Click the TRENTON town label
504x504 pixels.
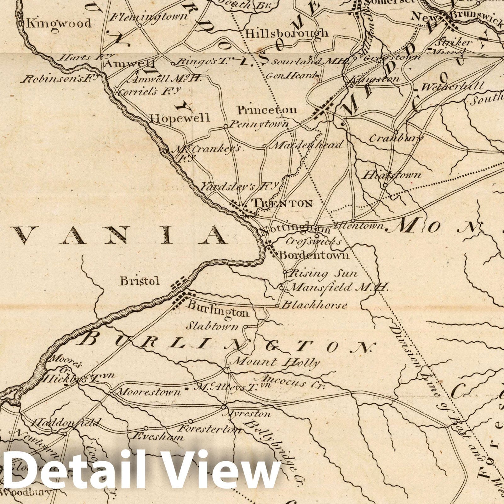coord(283,203)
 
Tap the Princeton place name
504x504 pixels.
coord(267,110)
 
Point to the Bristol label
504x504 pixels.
coord(139,281)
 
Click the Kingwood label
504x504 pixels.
coord(59,23)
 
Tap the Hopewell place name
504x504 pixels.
coord(180,118)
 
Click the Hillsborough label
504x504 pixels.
coord(286,33)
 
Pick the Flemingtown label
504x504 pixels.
coord(148,16)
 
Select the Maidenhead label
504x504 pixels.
coord(307,145)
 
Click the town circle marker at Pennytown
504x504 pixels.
coord(226,126)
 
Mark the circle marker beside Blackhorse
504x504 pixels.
coord(277,306)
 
